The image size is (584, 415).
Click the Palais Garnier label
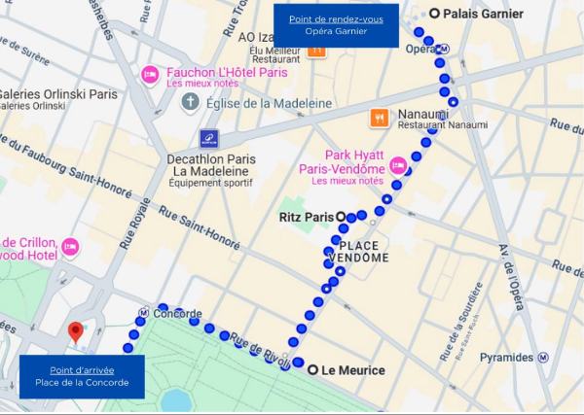pyautogui.click(x=482, y=14)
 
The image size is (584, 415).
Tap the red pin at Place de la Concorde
pyautogui.click(x=74, y=333)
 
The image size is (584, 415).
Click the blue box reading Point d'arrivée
pyautogui.click(x=82, y=376)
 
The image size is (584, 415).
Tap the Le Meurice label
pyautogui.click(x=352, y=370)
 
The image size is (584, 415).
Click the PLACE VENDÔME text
pyautogui.click(x=363, y=251)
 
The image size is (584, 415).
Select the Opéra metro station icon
pyautogui.click(x=444, y=50)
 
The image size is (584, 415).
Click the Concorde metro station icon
pyautogui.click(x=143, y=314)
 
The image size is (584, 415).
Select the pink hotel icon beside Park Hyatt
pyautogui.click(x=397, y=167)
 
